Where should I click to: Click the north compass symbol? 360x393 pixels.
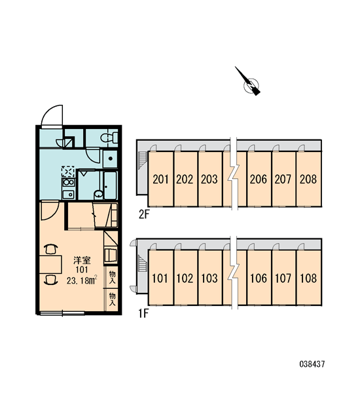(x=249, y=83)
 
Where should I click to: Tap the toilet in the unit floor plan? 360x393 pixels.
(x=109, y=138)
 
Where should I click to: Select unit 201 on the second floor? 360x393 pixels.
(x=160, y=179)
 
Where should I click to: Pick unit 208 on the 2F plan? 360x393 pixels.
(x=309, y=179)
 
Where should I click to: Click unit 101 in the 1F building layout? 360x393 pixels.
(x=160, y=278)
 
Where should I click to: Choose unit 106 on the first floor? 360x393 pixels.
(x=259, y=278)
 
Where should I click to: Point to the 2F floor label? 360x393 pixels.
(x=144, y=214)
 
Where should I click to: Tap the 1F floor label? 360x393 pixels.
(x=144, y=314)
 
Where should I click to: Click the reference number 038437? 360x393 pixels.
(x=312, y=364)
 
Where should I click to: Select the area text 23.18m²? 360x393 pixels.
(x=82, y=280)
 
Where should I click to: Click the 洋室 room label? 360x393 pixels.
(x=82, y=261)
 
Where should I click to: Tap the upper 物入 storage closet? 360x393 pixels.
(x=112, y=277)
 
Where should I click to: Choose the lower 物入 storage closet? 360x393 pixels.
(x=112, y=299)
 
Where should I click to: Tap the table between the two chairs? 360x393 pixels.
(x=51, y=264)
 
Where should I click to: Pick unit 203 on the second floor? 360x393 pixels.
(x=210, y=179)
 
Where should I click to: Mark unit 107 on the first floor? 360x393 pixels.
(x=284, y=278)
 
